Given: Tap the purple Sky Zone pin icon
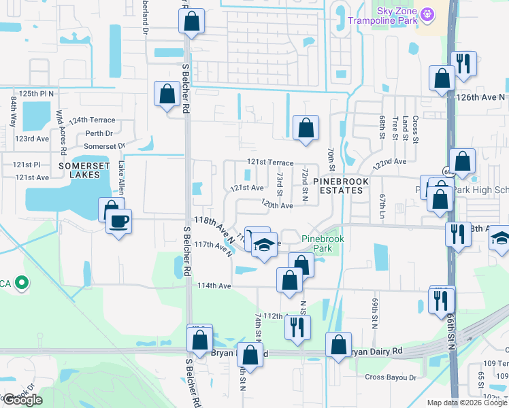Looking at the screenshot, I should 427,14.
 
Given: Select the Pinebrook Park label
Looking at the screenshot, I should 323,244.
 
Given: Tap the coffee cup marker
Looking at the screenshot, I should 118,222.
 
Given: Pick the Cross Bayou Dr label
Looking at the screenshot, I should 390,377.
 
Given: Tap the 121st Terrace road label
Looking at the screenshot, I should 269,163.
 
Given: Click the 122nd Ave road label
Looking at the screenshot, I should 389,162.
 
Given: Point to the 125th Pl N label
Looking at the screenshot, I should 36,93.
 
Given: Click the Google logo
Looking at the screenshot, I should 23,400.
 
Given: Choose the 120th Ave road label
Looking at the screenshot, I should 277,205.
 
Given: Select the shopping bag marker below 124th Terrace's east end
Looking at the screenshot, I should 306,127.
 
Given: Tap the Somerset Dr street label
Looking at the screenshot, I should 105,146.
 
